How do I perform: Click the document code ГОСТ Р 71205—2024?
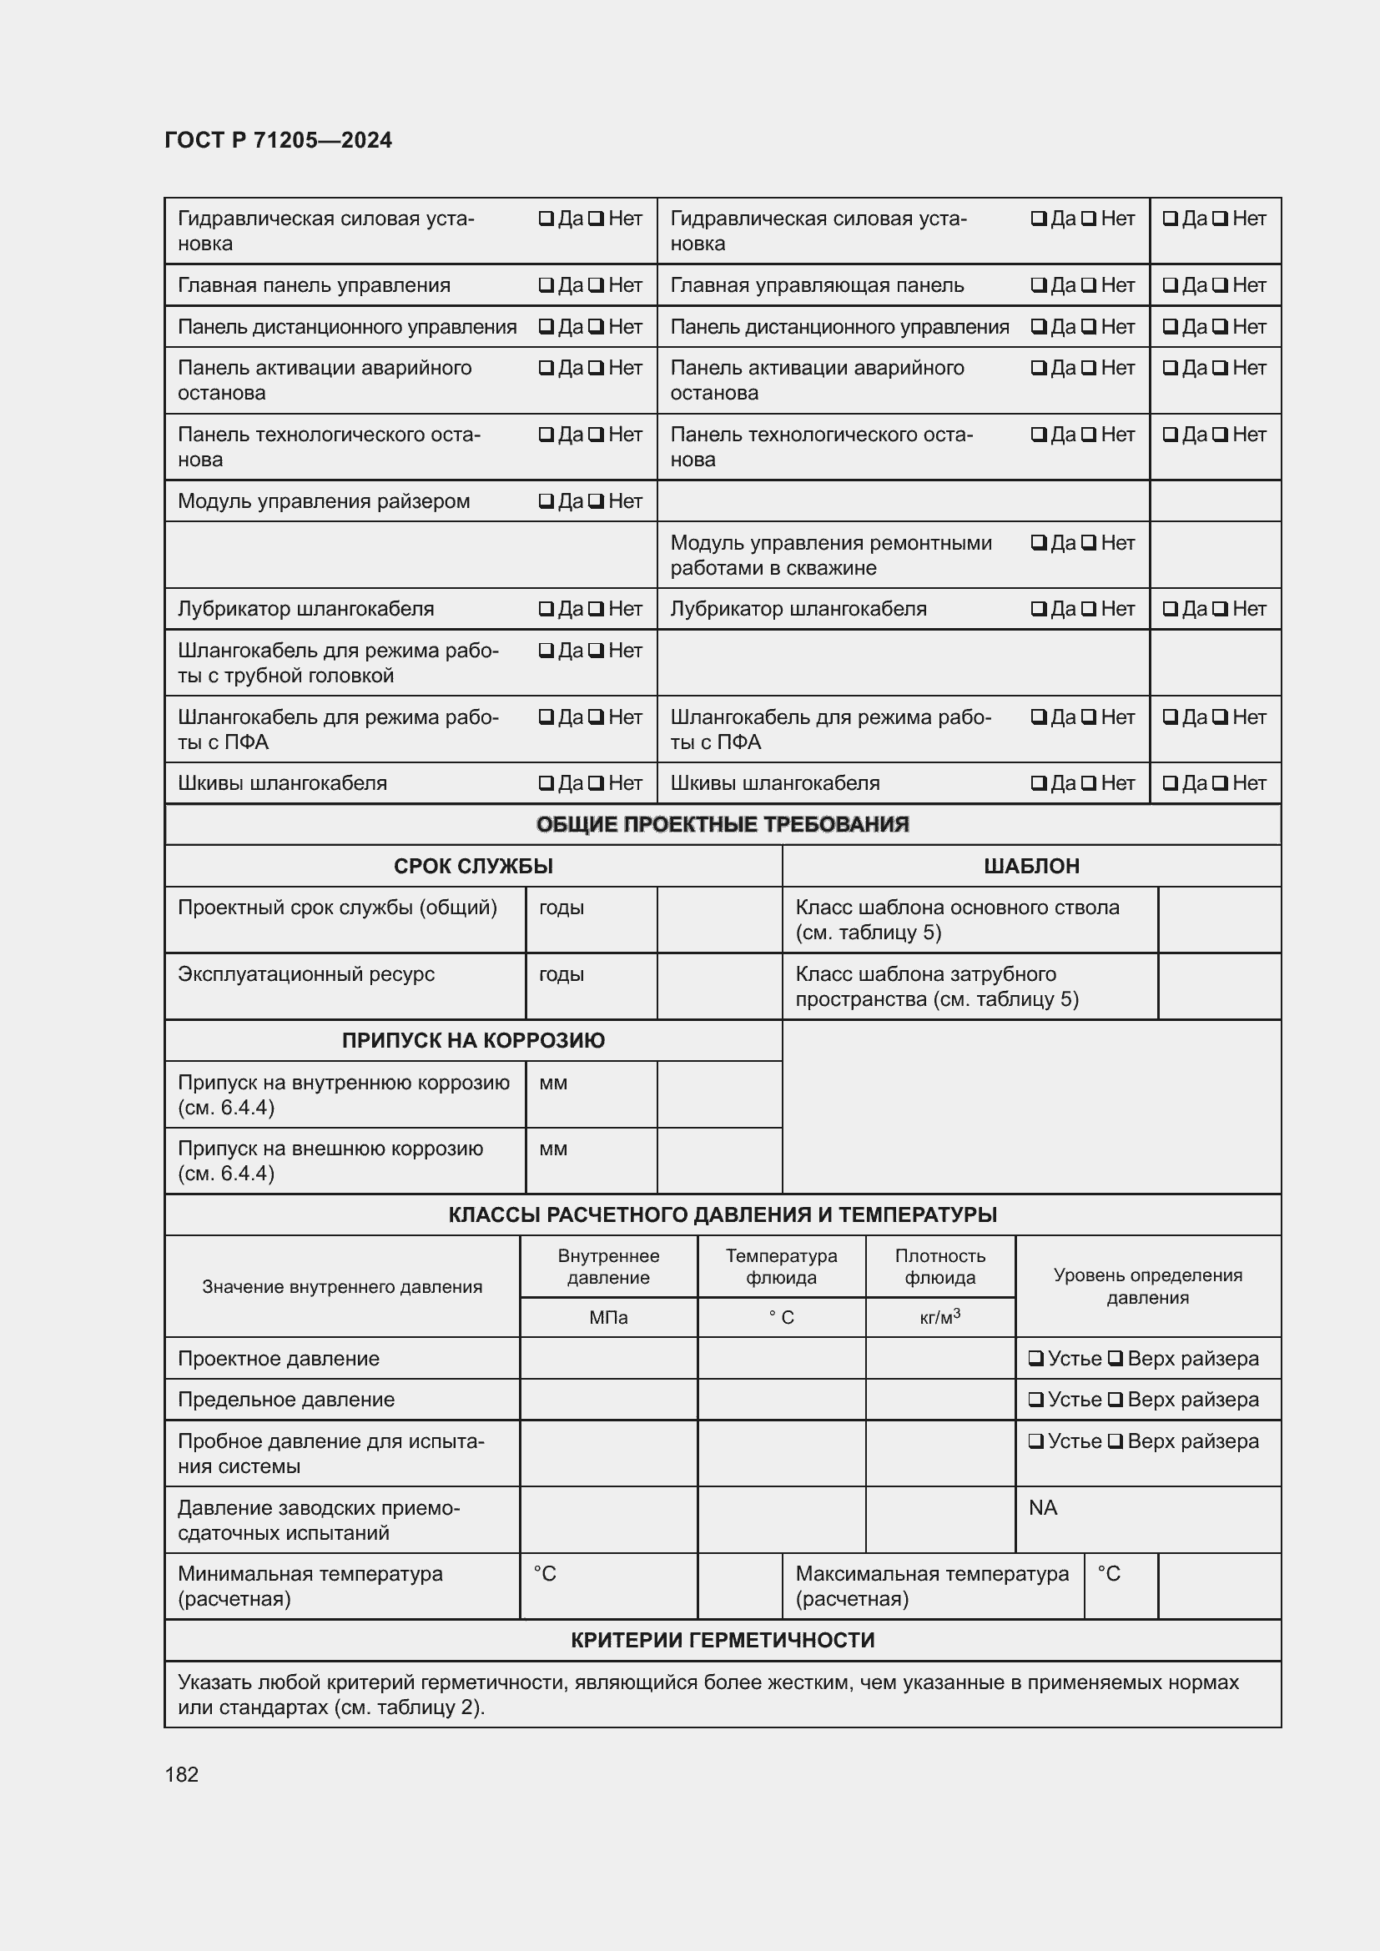click(278, 140)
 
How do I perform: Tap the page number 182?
click(181, 1774)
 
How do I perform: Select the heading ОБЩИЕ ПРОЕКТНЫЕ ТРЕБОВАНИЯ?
click(723, 824)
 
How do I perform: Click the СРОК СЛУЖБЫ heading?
click(472, 866)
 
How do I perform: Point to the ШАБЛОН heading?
click(1030, 866)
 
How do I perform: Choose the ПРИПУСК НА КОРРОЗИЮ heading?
click(472, 1040)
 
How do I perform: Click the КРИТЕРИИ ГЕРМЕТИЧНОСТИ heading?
click(723, 1640)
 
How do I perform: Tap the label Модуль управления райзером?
click(323, 501)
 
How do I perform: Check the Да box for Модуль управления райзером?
click(546, 501)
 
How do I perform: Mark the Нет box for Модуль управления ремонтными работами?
click(1088, 542)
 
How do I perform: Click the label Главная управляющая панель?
click(817, 285)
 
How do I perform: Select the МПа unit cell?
click(608, 1317)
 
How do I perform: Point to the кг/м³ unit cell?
click(939, 1317)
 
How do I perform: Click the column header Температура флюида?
click(781, 1266)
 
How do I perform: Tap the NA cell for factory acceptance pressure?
click(1043, 1507)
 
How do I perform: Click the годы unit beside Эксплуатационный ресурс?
click(561, 973)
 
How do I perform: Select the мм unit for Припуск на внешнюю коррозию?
click(552, 1149)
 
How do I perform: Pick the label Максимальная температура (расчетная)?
click(931, 1586)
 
